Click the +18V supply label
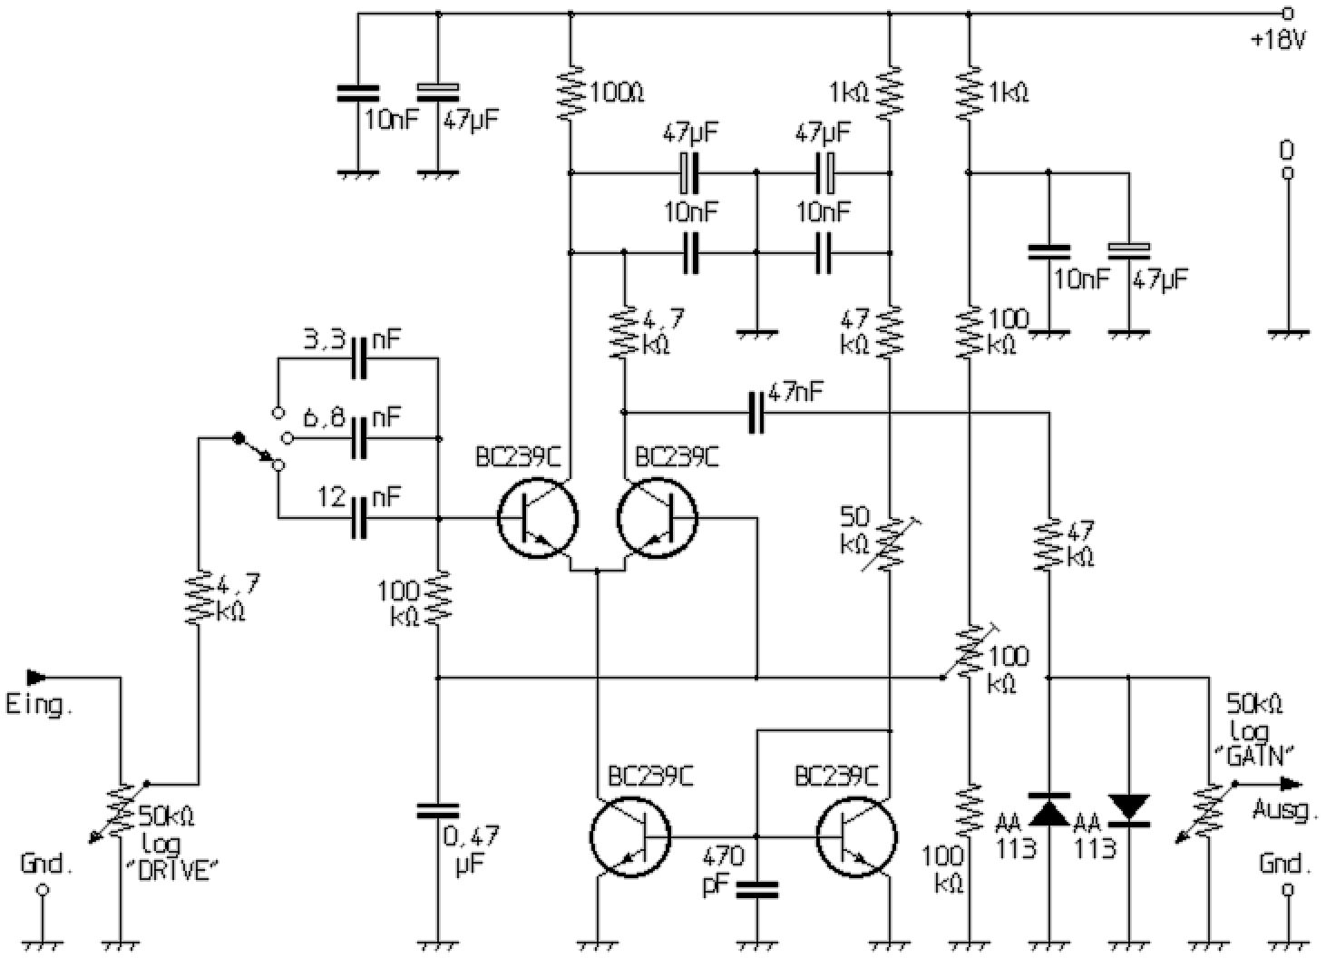(x=1279, y=41)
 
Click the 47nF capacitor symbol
(x=756, y=413)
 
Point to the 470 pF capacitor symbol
(x=756, y=888)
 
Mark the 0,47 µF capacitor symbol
(x=437, y=810)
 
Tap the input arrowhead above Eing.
(x=37, y=677)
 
